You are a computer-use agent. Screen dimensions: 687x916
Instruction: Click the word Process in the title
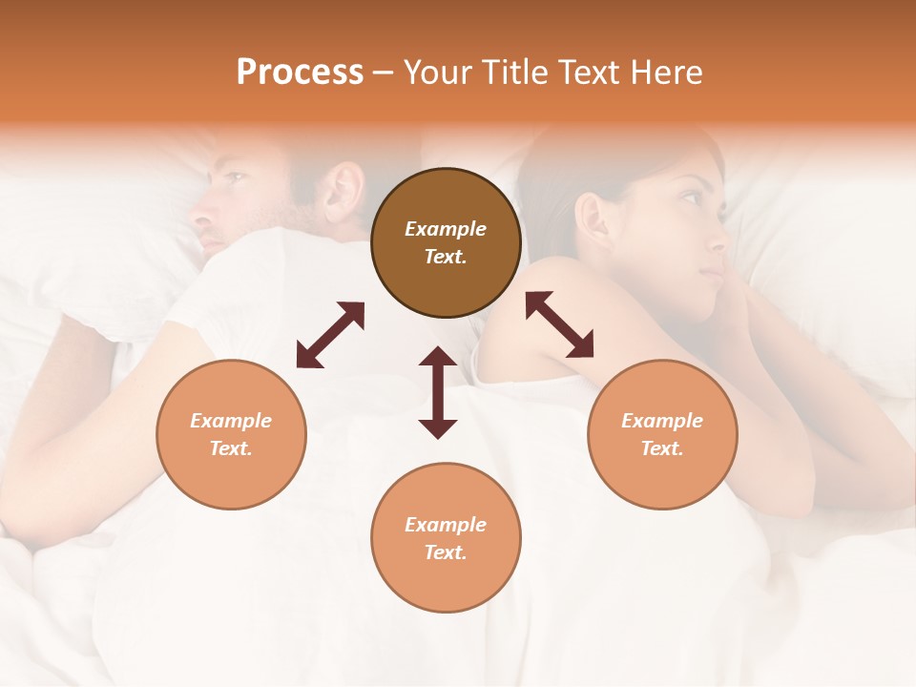click(300, 73)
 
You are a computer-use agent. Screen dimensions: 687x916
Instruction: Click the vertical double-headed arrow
click(438, 392)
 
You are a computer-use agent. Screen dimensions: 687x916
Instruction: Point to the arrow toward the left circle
click(330, 335)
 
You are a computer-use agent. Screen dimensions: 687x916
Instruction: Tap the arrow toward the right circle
click(560, 324)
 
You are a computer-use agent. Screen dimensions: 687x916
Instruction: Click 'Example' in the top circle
click(446, 229)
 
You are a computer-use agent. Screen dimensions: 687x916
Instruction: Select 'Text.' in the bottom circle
click(446, 552)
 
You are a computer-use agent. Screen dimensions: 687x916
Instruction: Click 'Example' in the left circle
click(231, 421)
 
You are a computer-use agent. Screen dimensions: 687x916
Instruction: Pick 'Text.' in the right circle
click(662, 448)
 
